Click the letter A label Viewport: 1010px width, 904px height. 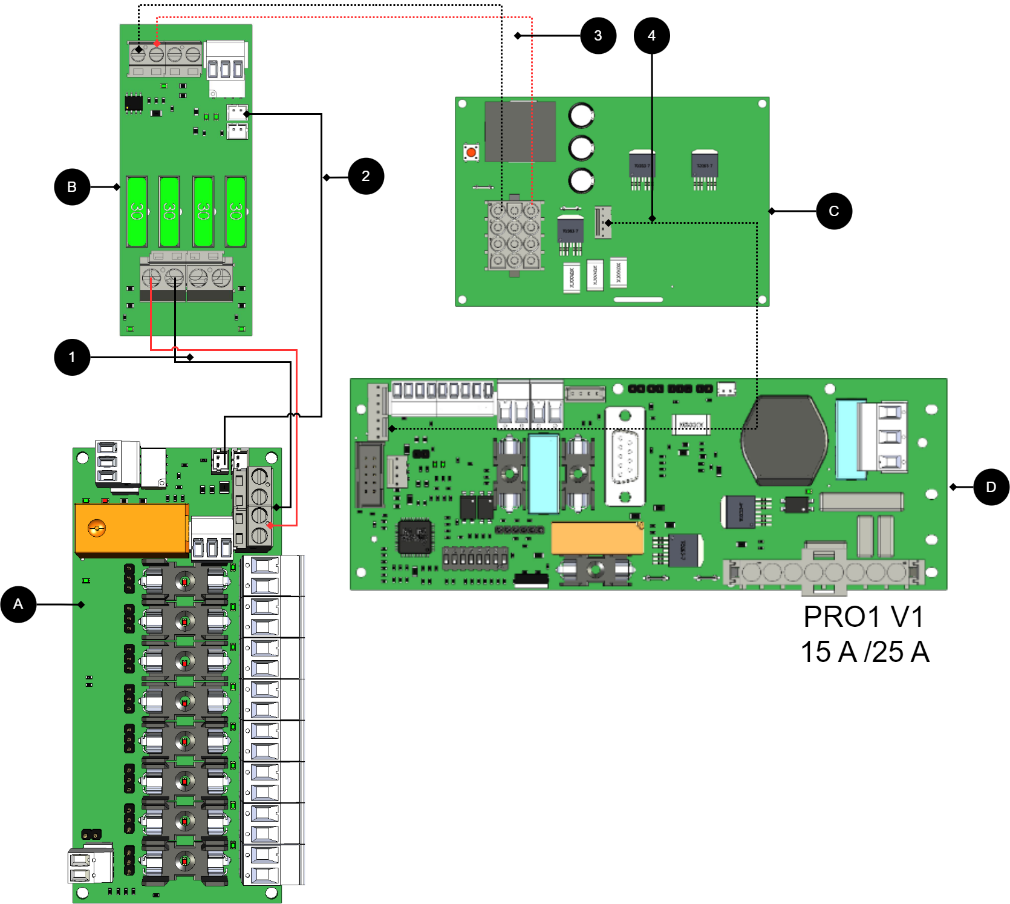[18, 604]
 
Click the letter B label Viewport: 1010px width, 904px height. [72, 187]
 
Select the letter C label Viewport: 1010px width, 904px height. [833, 211]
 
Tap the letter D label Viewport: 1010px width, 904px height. [991, 487]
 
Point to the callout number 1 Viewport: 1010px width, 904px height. [72, 357]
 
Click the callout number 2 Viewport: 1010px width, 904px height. [365, 176]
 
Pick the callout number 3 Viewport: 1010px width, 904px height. [598, 36]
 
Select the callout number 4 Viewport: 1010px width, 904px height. [651, 36]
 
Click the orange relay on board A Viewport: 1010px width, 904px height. [131, 528]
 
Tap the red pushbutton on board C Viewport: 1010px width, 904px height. [471, 152]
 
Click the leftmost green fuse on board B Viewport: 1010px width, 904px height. [137, 211]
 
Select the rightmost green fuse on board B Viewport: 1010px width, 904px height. [235, 211]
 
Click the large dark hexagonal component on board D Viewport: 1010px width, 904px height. [784, 440]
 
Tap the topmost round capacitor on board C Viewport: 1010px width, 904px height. [581, 116]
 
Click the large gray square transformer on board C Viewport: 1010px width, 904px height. [520, 131]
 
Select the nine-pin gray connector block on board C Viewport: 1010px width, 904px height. [514, 236]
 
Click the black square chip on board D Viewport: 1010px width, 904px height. [415, 536]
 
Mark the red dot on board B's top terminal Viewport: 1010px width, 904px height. [157, 44]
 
